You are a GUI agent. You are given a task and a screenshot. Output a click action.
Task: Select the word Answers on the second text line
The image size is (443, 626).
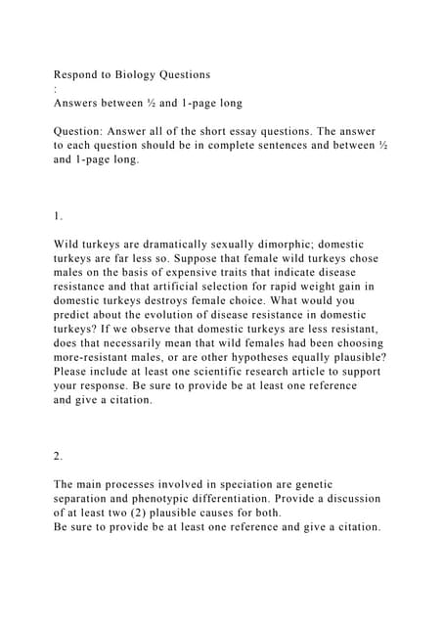coord(81,102)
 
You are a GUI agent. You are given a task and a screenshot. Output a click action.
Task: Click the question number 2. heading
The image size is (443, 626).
coord(60,456)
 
